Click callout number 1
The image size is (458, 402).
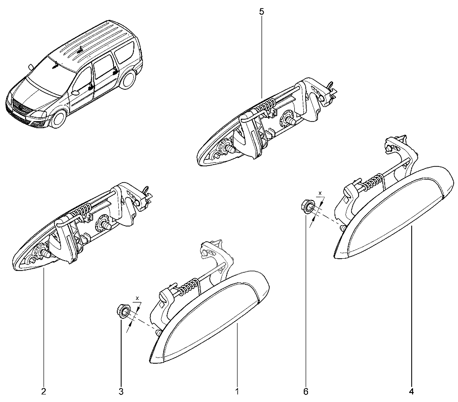[x=237, y=392]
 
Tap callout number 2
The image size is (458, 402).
[x=44, y=392]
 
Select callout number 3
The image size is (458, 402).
[x=121, y=392]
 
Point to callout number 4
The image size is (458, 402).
[x=412, y=392]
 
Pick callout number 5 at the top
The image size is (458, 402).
[x=262, y=12]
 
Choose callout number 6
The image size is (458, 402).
[x=306, y=392]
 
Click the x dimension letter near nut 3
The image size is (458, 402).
[x=138, y=298]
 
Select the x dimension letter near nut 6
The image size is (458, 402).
[x=320, y=193]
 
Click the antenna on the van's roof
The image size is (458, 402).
[x=80, y=49]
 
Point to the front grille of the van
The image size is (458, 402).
[x=20, y=107]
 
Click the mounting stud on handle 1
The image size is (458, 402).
[x=158, y=333]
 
